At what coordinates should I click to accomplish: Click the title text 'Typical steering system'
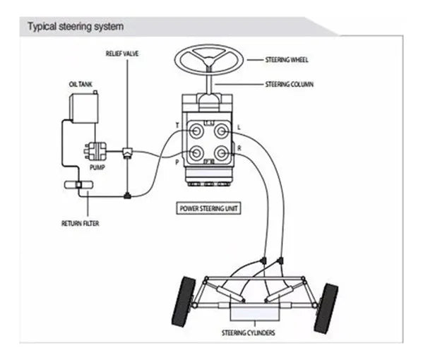click(x=76, y=27)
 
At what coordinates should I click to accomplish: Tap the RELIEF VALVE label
click(x=122, y=54)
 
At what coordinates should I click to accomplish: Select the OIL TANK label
click(x=81, y=85)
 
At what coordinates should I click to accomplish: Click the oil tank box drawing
click(x=84, y=107)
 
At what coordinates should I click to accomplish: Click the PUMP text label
click(x=97, y=167)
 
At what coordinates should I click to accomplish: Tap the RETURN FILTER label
click(x=80, y=223)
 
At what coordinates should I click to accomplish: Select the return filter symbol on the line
click(x=79, y=185)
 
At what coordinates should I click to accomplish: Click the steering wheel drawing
click(x=209, y=60)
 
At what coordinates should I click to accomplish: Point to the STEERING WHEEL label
click(x=287, y=59)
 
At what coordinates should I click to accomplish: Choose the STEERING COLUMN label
click(x=290, y=85)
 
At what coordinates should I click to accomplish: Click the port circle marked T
click(x=196, y=131)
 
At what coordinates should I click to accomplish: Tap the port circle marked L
click(x=222, y=131)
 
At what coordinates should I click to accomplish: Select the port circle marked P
click(x=196, y=153)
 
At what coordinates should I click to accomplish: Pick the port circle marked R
click(x=222, y=153)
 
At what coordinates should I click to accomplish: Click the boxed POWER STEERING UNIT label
click(x=208, y=208)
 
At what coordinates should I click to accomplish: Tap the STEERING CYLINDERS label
click(x=249, y=332)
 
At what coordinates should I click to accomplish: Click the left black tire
click(x=184, y=301)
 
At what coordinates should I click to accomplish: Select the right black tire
click(x=326, y=308)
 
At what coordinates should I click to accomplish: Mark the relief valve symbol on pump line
click(x=127, y=152)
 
